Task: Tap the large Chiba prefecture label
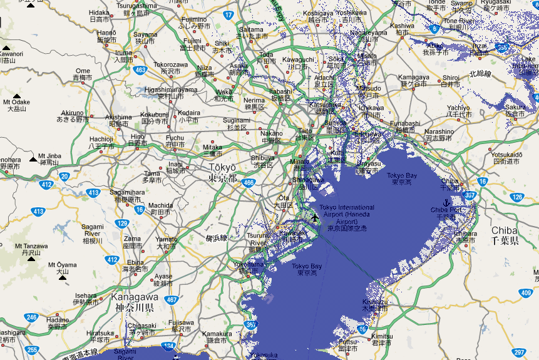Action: tap(504, 235)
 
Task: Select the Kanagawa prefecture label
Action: tap(134, 301)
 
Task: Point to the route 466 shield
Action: tap(249, 183)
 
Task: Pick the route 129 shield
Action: tap(122, 224)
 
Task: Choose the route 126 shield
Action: tap(516, 197)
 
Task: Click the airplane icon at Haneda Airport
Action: tap(314, 217)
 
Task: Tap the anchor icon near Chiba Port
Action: tap(446, 202)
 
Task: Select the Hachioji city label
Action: tap(101, 142)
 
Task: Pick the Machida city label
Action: tap(161, 208)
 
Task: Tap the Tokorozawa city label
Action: tap(170, 68)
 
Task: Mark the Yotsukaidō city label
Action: tap(506, 158)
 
